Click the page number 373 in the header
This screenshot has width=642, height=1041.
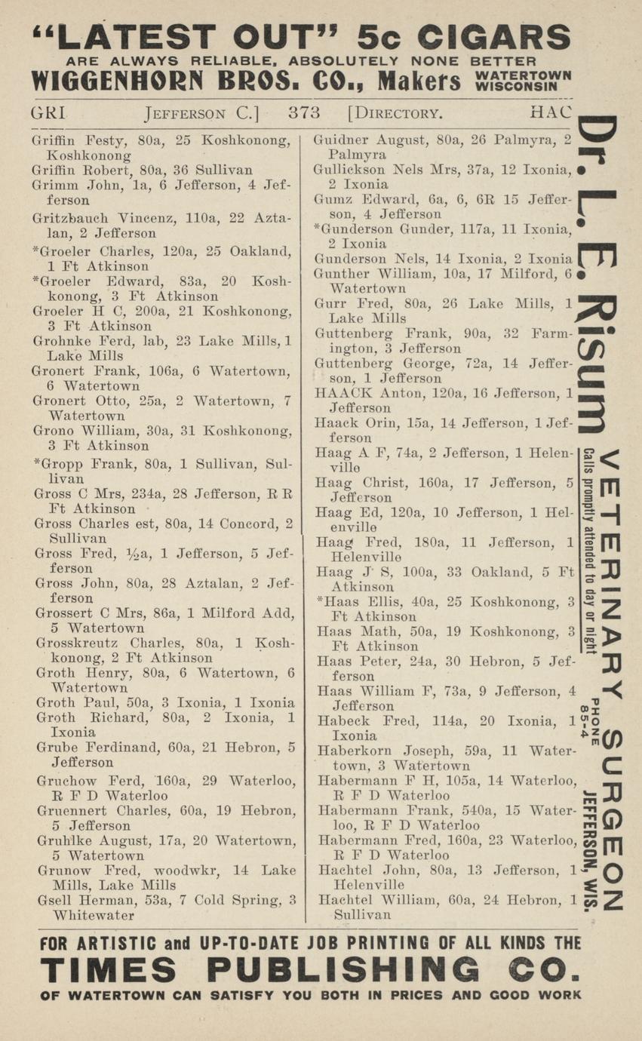pyautogui.click(x=304, y=113)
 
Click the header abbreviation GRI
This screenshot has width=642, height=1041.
pyautogui.click(x=48, y=113)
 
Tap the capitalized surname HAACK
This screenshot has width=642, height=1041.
pyautogui.click(x=342, y=393)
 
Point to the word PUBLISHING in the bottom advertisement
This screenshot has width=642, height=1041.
pyautogui.click(x=343, y=969)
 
